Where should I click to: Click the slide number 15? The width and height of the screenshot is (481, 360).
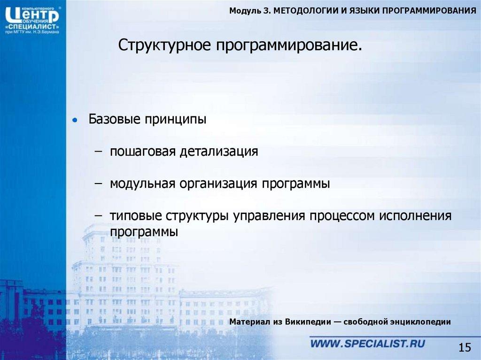(464, 347)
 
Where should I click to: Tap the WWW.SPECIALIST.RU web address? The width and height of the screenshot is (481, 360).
(368, 344)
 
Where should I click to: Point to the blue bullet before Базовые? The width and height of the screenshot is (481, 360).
(74, 120)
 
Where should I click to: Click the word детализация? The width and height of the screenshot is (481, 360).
(219, 152)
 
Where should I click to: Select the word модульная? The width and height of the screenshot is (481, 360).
(142, 184)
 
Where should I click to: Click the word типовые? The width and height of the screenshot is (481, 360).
(135, 216)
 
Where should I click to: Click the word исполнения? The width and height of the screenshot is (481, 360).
(415, 216)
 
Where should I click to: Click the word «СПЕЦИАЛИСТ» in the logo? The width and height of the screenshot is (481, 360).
(32, 26)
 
